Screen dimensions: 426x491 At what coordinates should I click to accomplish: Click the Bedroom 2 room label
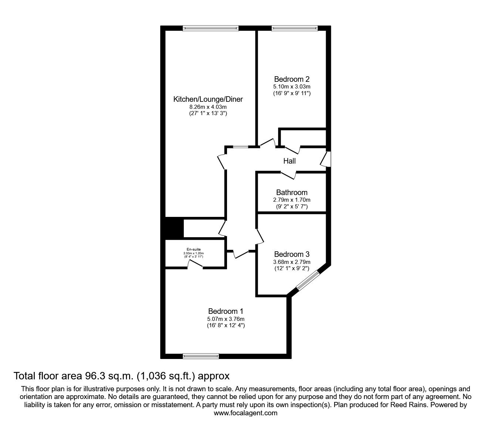[x=292, y=79]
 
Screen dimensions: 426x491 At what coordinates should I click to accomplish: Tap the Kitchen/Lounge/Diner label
[x=208, y=99]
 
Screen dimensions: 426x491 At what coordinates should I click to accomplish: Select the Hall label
[x=289, y=161]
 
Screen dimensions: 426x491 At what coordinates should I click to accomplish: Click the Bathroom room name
[x=292, y=192]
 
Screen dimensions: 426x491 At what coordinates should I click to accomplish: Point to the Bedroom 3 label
[x=292, y=254]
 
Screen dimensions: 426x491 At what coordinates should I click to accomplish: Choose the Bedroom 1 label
[x=226, y=311]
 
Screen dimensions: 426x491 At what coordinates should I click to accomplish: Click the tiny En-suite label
[x=194, y=249]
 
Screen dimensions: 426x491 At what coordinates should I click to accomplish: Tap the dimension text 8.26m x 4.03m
[x=208, y=107]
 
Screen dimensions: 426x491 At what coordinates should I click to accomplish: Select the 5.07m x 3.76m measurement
[x=226, y=319]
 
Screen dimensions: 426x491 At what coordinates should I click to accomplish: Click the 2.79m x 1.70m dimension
[x=292, y=199]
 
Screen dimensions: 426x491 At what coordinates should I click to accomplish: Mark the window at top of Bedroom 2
[x=295, y=28]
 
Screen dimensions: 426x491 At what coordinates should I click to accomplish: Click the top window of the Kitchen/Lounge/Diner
[x=211, y=28]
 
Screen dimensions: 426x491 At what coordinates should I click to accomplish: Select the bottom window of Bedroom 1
[x=201, y=356]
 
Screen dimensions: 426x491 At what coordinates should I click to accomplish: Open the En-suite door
[x=195, y=264]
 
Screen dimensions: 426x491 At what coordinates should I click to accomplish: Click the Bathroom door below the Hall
[x=288, y=174]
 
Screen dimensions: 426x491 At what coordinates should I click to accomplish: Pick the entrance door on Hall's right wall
[x=326, y=160]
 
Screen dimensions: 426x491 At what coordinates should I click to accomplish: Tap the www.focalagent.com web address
[x=245, y=413]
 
